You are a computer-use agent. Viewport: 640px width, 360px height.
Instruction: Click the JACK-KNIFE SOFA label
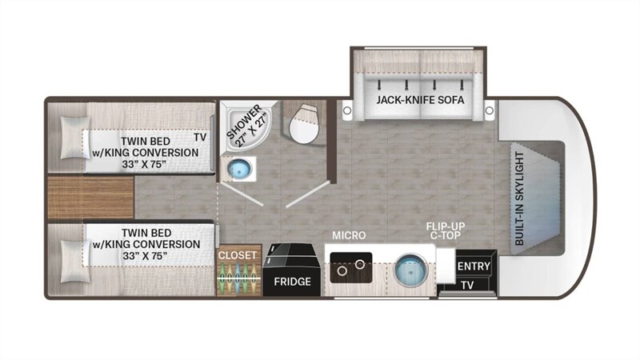tap(420, 99)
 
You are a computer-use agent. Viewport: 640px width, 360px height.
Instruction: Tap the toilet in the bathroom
tap(304, 124)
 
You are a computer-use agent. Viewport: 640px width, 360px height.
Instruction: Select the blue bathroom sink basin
tap(238, 169)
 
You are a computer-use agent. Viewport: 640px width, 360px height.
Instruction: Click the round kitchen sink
tap(411, 270)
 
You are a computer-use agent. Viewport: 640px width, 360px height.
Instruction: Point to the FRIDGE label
tap(292, 282)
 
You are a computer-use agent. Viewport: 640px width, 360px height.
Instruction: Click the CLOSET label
tap(237, 255)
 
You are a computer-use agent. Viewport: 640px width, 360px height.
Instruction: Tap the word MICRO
tap(349, 235)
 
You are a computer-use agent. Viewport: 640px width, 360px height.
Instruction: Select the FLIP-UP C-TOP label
tap(446, 230)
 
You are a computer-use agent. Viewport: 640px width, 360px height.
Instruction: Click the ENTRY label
tap(474, 266)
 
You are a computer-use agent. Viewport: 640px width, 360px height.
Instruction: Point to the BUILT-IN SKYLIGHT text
tap(519, 198)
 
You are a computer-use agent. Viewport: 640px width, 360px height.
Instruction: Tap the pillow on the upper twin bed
tap(74, 138)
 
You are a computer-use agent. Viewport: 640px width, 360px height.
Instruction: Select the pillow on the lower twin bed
tap(74, 262)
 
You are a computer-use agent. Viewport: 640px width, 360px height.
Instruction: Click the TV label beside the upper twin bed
tap(200, 137)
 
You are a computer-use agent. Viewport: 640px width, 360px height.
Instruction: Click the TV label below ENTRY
tap(467, 285)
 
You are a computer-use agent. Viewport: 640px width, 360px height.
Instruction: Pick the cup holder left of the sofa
tap(347, 110)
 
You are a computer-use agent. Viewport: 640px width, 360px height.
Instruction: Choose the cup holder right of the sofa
tap(489, 110)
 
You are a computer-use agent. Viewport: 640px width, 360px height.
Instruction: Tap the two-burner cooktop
tap(351, 268)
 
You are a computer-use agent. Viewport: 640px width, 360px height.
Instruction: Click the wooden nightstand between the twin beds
tap(90, 198)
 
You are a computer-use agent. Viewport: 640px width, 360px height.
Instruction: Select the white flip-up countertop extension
tap(446, 266)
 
